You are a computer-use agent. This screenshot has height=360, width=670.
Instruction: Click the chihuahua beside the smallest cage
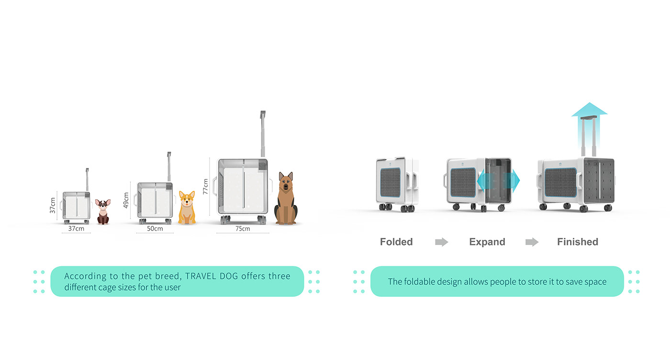103,212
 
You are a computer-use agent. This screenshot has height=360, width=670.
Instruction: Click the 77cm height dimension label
206,186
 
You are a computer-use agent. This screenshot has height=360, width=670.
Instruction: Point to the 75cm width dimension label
243,228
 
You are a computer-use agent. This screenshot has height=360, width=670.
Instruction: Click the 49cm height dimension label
126,201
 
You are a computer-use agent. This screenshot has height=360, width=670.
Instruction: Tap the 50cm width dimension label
155,228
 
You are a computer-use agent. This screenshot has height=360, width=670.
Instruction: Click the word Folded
396,242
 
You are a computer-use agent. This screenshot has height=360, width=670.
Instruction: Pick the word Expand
487,242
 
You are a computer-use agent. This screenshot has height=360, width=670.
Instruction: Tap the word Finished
578,242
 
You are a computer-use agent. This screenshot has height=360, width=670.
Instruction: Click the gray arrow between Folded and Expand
441,242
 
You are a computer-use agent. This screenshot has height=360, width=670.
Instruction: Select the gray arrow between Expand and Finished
532,242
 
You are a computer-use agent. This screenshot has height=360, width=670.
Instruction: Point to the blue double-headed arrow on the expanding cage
498,181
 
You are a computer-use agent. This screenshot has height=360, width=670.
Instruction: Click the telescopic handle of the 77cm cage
263,134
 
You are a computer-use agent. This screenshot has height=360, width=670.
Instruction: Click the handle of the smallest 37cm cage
87,179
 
